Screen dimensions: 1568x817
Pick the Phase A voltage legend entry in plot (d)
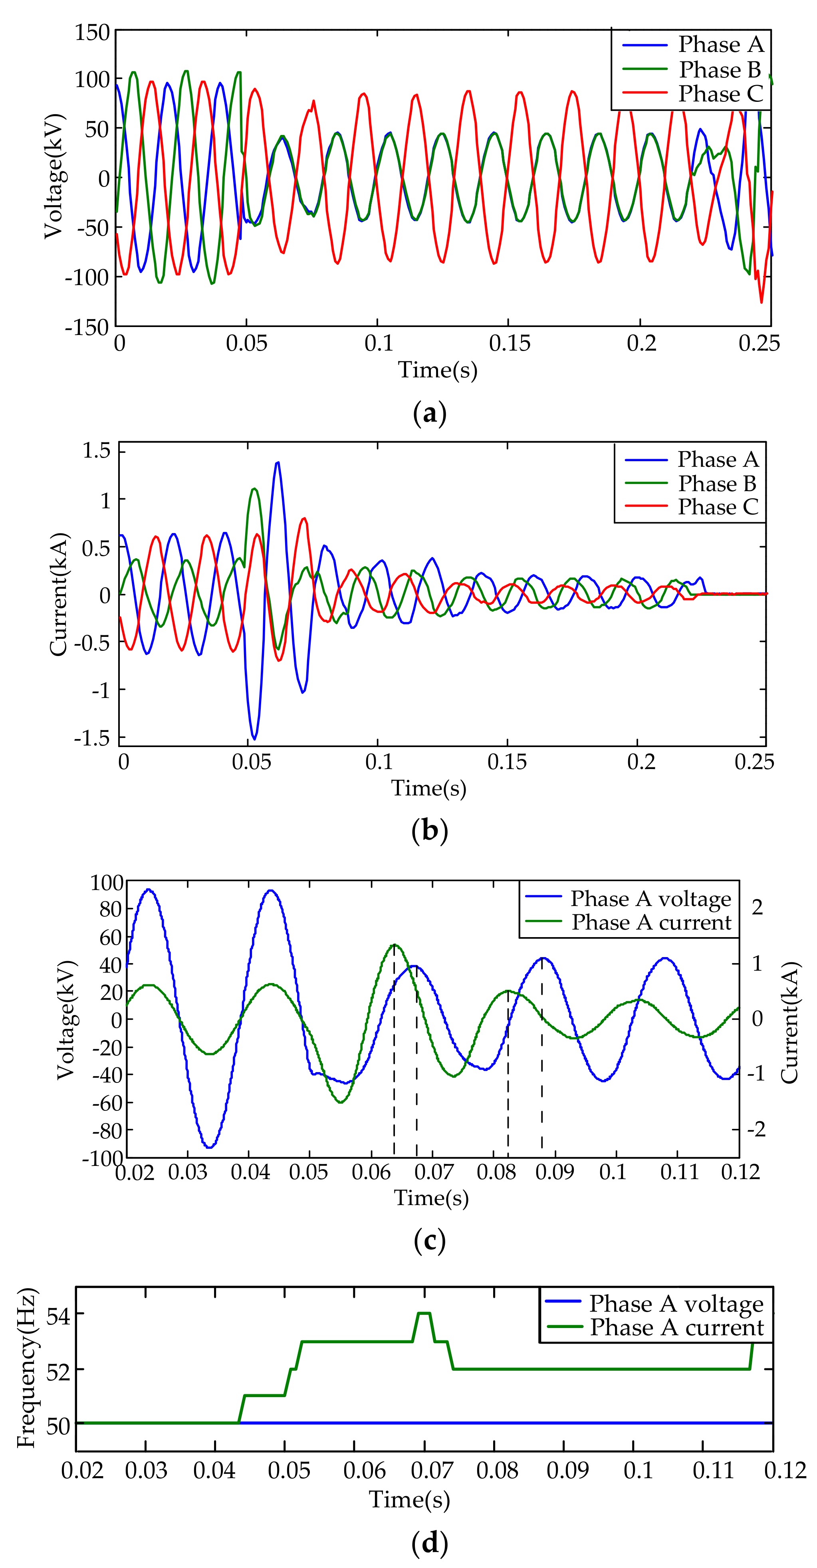tap(676, 1304)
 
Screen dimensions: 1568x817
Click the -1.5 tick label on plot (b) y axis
tap(92, 738)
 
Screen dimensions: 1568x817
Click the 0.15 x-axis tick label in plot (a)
tap(509, 343)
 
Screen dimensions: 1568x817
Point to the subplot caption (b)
tap(430, 830)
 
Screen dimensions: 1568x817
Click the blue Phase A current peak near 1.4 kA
tap(278, 463)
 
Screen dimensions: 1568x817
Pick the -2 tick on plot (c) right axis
tap(756, 1129)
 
